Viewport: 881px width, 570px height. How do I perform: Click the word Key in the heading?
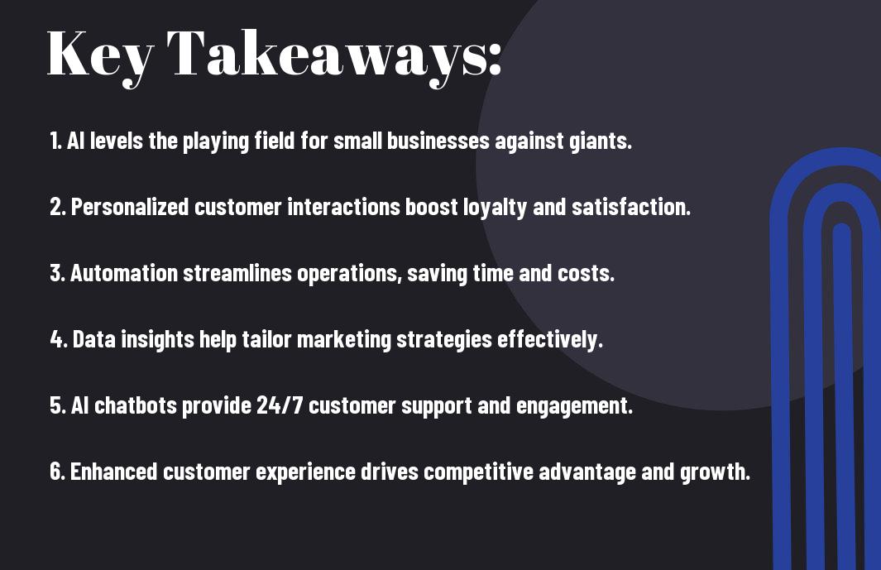pyautogui.click(x=100, y=56)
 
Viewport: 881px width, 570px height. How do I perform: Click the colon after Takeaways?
pyautogui.click(x=495, y=58)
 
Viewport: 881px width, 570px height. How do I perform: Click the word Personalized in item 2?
pyautogui.click(x=130, y=208)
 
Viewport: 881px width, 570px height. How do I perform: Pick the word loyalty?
pyautogui.click(x=495, y=208)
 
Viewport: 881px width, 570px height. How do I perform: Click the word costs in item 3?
pyautogui.click(x=586, y=274)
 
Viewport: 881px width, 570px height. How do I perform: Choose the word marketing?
pyautogui.click(x=344, y=340)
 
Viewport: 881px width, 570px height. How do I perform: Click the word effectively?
pyautogui.click(x=550, y=340)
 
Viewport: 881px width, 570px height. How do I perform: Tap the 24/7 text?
pyautogui.click(x=280, y=405)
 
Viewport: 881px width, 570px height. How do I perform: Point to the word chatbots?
pyautogui.click(x=136, y=405)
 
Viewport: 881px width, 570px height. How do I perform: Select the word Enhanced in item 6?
pyautogui.click(x=113, y=472)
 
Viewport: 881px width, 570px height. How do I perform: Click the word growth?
pyautogui.click(x=716, y=472)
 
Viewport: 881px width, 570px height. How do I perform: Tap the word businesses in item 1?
pyautogui.click(x=438, y=141)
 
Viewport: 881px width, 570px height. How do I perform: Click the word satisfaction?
pyautogui.click(x=631, y=207)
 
